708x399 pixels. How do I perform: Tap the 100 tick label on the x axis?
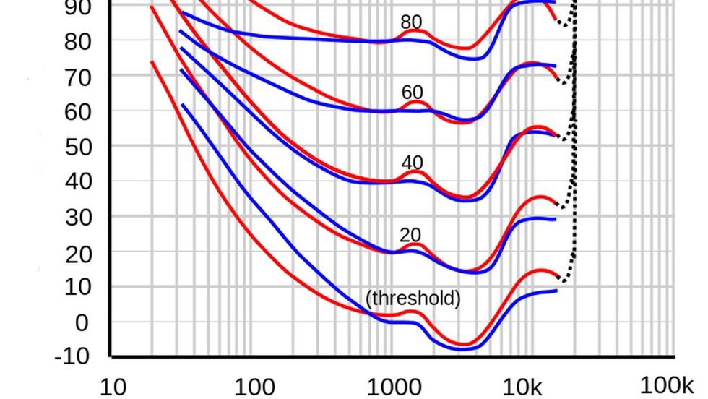(x=254, y=387)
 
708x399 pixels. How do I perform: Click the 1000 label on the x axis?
(x=394, y=387)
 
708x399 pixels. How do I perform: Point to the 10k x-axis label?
(x=522, y=387)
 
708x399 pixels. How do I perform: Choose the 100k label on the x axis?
(x=666, y=385)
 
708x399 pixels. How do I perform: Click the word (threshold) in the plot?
(x=413, y=298)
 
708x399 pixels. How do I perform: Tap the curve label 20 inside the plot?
(x=410, y=235)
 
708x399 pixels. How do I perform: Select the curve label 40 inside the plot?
(x=412, y=163)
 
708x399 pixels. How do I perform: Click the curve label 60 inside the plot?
(x=412, y=93)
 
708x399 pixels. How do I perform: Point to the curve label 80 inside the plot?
(x=412, y=22)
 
